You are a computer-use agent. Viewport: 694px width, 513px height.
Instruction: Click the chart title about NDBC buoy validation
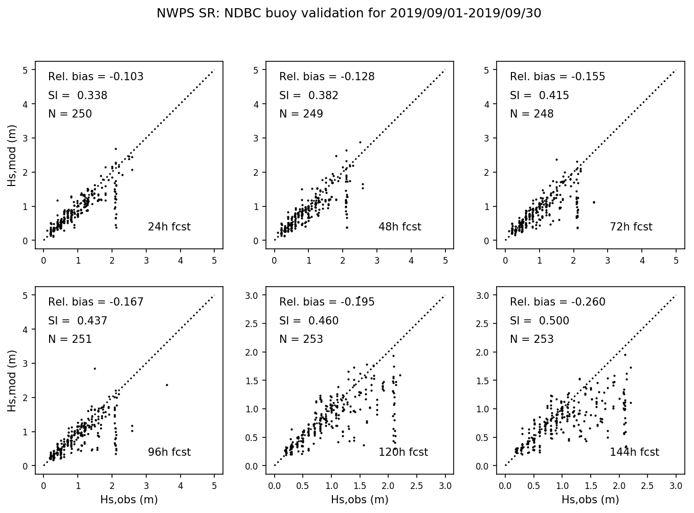click(349, 14)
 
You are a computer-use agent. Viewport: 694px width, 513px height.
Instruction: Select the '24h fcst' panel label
click(169, 227)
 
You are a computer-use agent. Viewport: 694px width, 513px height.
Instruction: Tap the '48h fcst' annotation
click(399, 227)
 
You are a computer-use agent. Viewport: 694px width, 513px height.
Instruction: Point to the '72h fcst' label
click(631, 227)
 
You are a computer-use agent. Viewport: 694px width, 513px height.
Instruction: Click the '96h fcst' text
click(169, 452)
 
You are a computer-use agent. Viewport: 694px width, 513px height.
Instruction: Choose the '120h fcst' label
click(403, 452)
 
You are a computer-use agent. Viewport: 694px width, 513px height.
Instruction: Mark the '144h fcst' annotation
click(634, 452)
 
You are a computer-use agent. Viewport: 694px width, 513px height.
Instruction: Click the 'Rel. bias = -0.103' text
click(96, 77)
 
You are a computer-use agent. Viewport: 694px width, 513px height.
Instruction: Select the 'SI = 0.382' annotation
click(308, 96)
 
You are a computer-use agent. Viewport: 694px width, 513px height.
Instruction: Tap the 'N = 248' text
click(531, 114)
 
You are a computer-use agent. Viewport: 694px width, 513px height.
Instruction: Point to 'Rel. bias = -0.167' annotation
click(96, 302)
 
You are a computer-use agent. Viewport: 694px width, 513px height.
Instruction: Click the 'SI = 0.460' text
click(308, 321)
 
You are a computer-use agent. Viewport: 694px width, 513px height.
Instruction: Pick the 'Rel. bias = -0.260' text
click(557, 302)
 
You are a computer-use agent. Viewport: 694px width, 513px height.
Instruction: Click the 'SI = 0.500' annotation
click(539, 321)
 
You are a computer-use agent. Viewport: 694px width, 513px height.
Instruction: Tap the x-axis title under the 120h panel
click(360, 500)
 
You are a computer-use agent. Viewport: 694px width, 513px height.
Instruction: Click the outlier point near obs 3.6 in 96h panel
click(167, 385)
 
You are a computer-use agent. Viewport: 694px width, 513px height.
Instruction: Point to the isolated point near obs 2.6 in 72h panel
click(594, 202)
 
